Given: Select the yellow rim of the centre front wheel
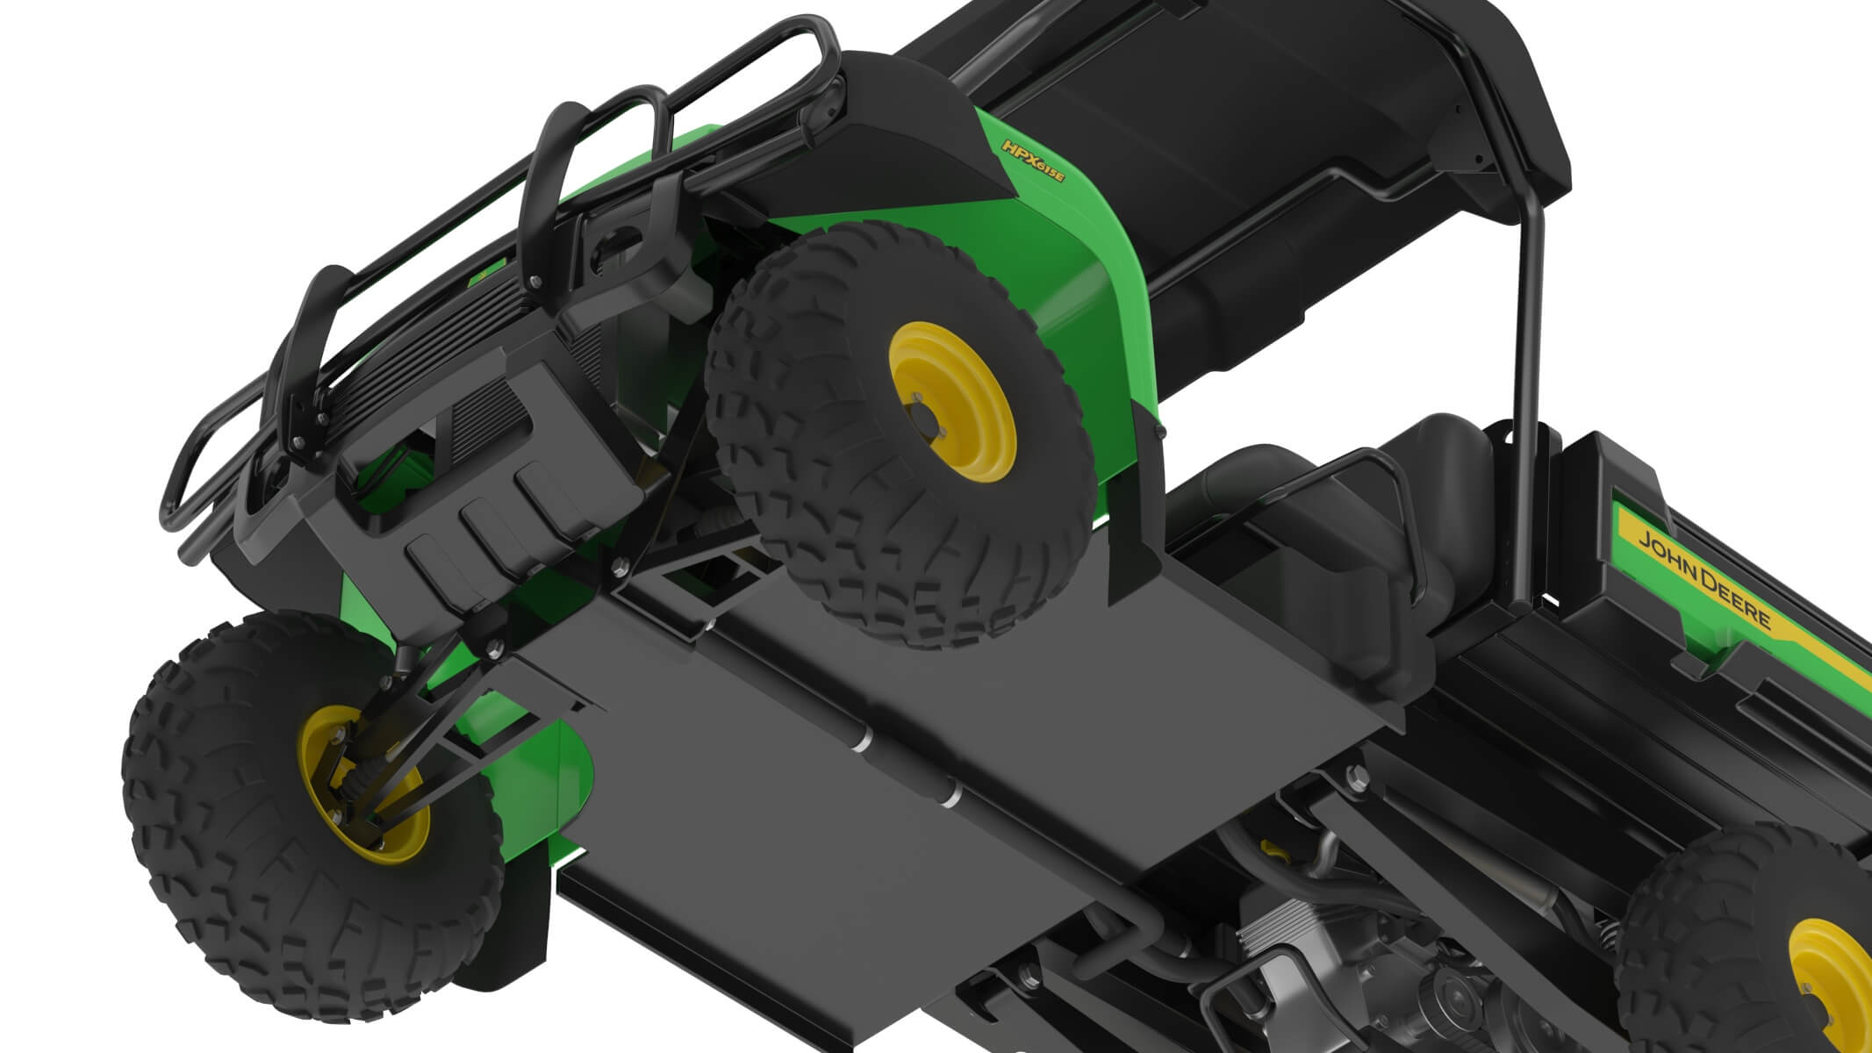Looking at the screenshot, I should (x=952, y=399).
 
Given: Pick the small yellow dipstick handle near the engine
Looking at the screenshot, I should (x=1268, y=849).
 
